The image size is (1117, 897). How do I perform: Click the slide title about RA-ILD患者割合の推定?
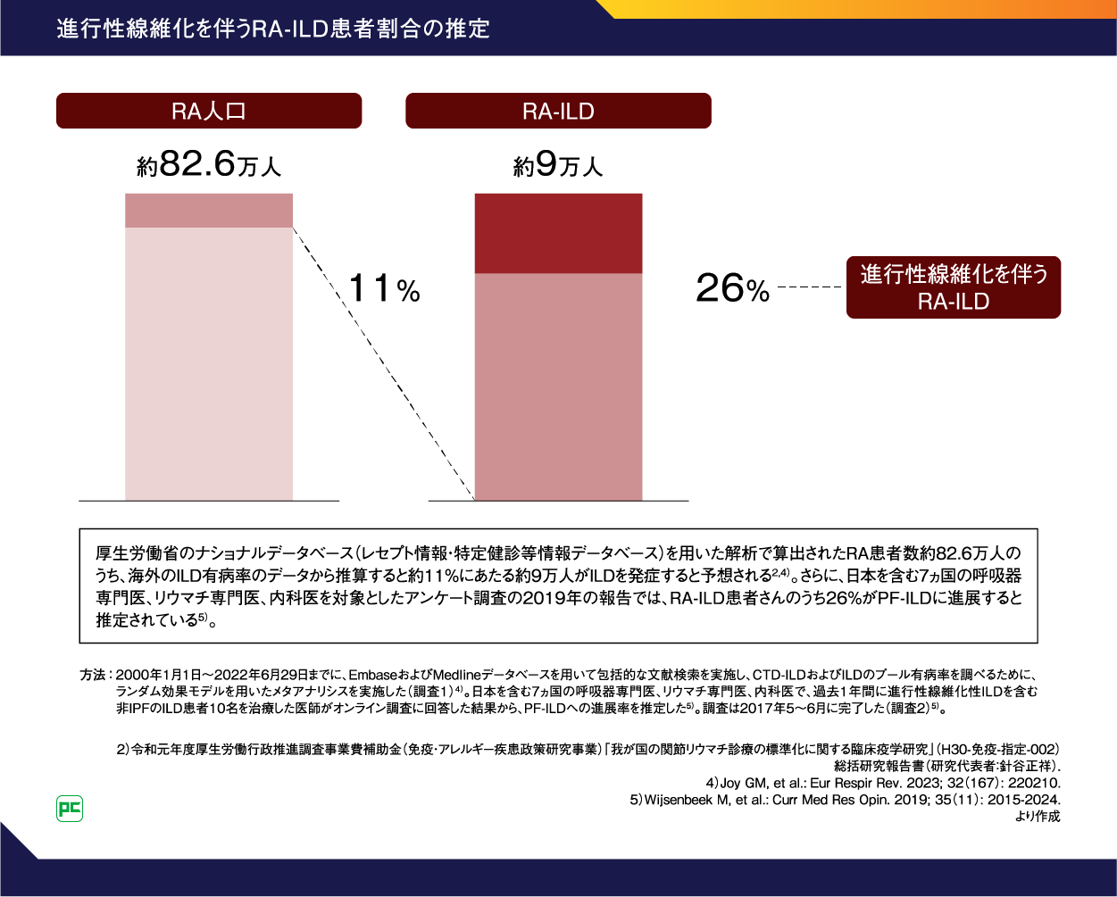click(273, 29)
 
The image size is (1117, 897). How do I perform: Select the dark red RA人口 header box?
click(209, 111)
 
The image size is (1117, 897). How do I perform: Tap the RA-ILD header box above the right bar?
click(558, 111)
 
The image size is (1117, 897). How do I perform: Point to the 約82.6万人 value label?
click(209, 165)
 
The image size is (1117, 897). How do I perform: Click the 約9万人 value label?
click(558, 165)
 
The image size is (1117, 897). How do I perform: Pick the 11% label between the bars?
click(383, 289)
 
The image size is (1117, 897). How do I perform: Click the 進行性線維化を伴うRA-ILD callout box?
click(953, 287)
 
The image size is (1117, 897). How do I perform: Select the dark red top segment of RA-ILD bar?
click(558, 233)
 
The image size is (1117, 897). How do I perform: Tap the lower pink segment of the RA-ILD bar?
click(558, 386)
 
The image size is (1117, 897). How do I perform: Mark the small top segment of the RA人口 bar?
click(209, 211)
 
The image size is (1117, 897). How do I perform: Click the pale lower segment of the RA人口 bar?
click(209, 363)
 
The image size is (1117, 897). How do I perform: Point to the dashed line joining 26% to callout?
click(810, 287)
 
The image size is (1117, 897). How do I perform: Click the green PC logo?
click(70, 809)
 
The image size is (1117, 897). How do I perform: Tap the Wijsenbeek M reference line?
click(845, 800)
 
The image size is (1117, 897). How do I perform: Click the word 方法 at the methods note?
click(92, 675)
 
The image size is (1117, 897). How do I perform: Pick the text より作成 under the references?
click(1038, 816)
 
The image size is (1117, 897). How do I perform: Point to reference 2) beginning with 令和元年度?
click(588, 748)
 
